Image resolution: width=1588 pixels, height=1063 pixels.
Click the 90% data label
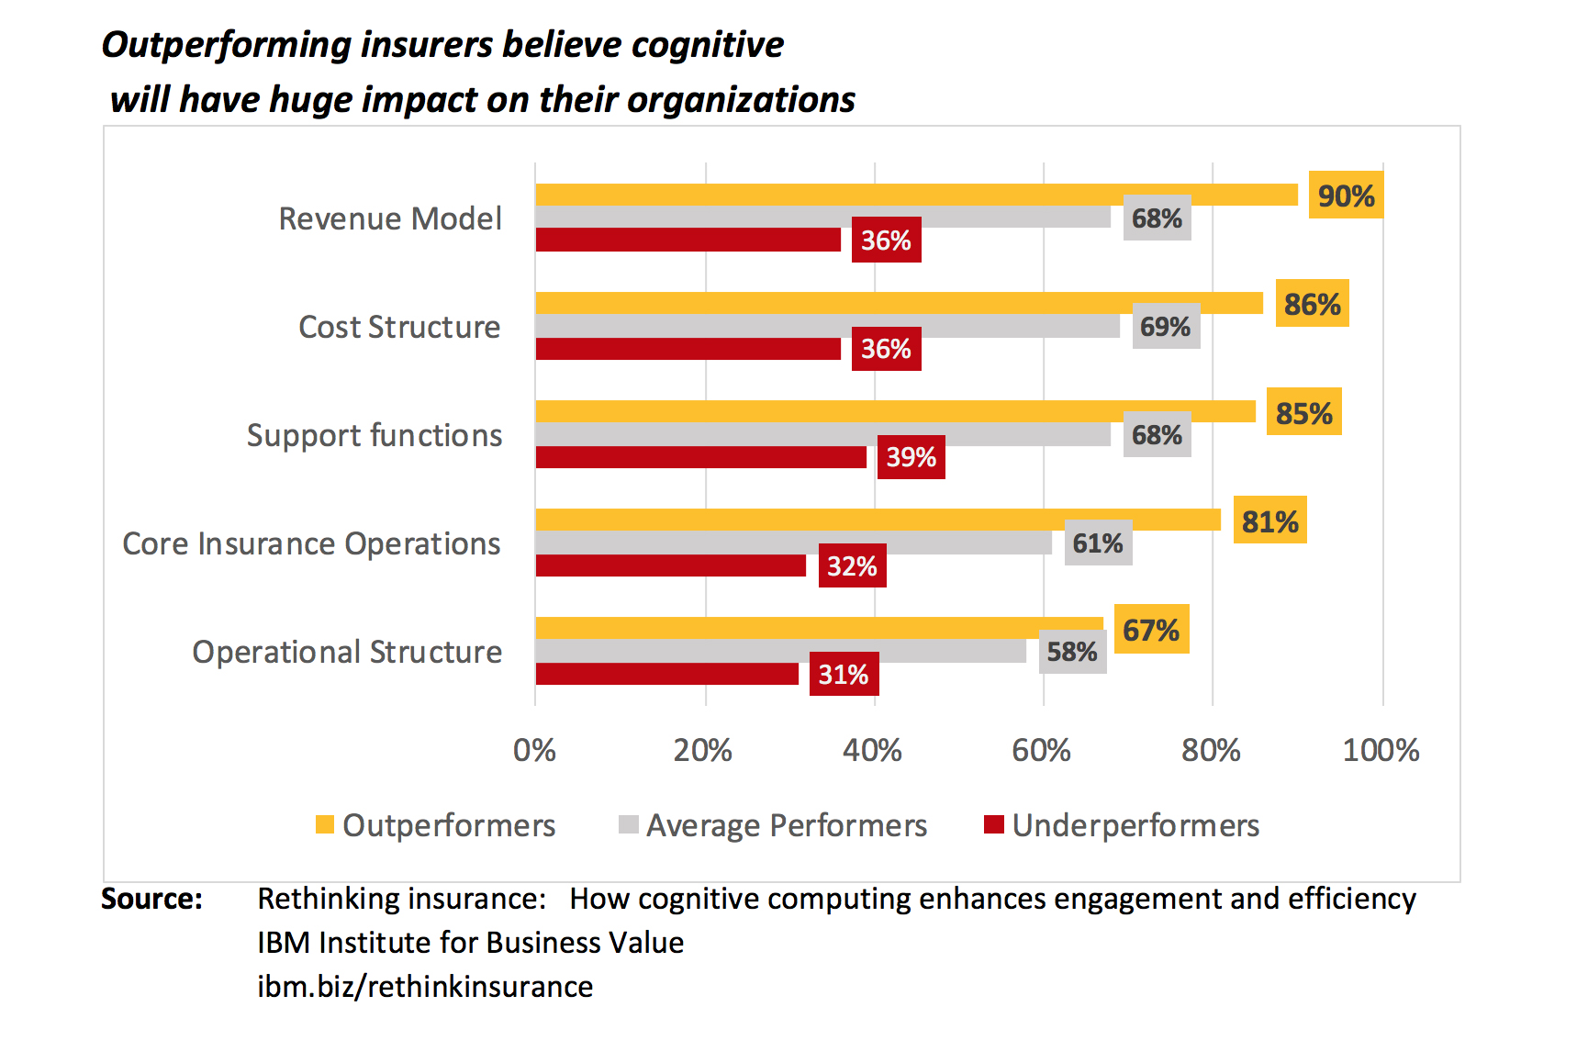coord(1346,196)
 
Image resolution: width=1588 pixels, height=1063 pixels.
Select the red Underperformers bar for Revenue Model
coord(688,240)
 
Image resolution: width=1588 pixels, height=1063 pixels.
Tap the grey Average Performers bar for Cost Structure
coord(826,327)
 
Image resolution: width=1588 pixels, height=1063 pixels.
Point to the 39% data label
coord(911,457)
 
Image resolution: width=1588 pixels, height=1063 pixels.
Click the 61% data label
coord(1098,543)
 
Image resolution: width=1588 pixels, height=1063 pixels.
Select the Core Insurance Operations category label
coord(312,543)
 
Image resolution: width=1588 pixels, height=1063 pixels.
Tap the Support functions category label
coord(375,435)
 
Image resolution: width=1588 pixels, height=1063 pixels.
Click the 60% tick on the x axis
coord(1041,751)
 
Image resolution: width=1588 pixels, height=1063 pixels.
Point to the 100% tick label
coord(1381,751)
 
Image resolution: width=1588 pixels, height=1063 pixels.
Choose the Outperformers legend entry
coord(436,825)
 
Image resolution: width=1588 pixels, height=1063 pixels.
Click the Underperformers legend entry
coord(1122,825)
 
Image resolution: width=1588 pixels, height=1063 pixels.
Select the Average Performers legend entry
coord(774,825)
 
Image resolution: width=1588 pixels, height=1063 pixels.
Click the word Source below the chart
coord(151,899)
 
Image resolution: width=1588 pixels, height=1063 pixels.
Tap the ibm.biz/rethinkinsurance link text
coord(425,987)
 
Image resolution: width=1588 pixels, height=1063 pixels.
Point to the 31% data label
coord(844,675)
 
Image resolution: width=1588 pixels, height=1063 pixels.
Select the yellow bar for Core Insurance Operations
coord(878,520)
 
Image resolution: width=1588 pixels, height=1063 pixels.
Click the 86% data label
coord(1312,304)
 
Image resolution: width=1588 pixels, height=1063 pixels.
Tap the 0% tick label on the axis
coord(534,751)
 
